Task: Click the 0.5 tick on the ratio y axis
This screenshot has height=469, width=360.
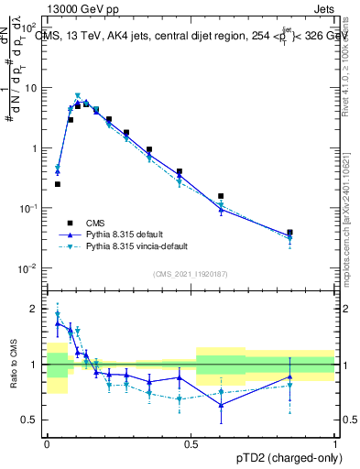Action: pyautogui.click(x=31, y=420)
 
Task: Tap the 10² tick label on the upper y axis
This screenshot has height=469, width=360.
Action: pyautogui.click(x=30, y=28)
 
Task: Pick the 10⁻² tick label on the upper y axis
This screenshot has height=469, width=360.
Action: pyautogui.click(x=30, y=268)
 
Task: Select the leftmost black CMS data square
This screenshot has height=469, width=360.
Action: pyautogui.click(x=58, y=184)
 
